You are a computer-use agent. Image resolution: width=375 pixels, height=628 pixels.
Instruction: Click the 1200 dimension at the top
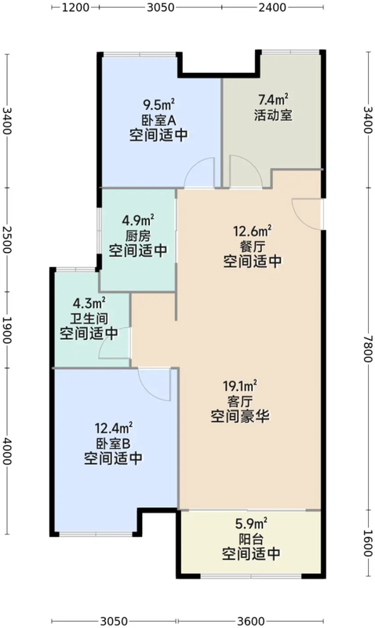pos(75,8)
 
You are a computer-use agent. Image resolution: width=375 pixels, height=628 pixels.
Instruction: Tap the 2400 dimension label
pos(272,8)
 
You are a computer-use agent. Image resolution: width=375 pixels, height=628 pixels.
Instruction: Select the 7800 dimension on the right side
pos(368,349)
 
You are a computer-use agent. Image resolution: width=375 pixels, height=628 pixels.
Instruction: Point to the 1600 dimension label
pos(368,543)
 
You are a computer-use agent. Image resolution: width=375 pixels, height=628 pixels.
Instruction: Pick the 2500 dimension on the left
pos(7,239)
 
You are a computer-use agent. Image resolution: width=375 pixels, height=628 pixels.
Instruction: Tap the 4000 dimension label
pos(7,451)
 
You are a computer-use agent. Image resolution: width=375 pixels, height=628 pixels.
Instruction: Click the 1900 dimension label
pos(7,330)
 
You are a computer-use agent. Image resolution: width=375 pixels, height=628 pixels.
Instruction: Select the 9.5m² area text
pos(159,105)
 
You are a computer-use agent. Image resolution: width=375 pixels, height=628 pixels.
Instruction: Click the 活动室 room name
pos(273,115)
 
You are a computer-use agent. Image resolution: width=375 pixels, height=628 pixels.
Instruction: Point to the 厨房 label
pos(138,235)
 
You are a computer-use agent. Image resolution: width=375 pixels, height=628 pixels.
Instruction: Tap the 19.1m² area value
pos(240,386)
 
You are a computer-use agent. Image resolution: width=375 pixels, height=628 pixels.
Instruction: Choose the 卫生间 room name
pos(89,319)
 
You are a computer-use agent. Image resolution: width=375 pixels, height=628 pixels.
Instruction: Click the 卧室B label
pos(113,444)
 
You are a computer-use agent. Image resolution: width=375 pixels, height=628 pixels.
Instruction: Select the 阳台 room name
pos(251,539)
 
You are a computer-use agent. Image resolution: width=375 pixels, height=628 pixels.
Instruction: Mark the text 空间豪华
pos(240,417)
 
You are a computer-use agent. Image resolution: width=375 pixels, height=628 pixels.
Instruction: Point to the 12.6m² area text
pos(253,231)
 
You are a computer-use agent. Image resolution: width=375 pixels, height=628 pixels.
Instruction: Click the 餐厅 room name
pos(253,246)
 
